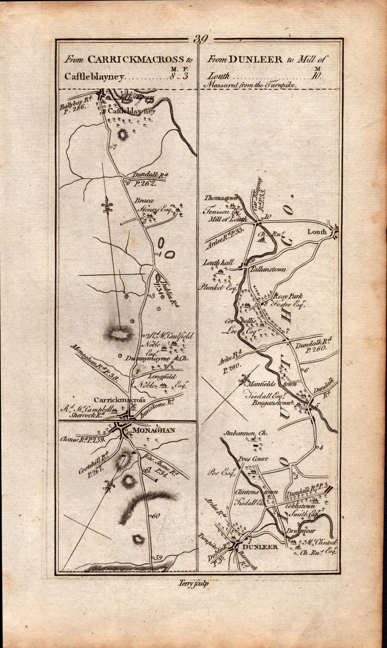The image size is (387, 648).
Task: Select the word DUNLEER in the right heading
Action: coord(255,60)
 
